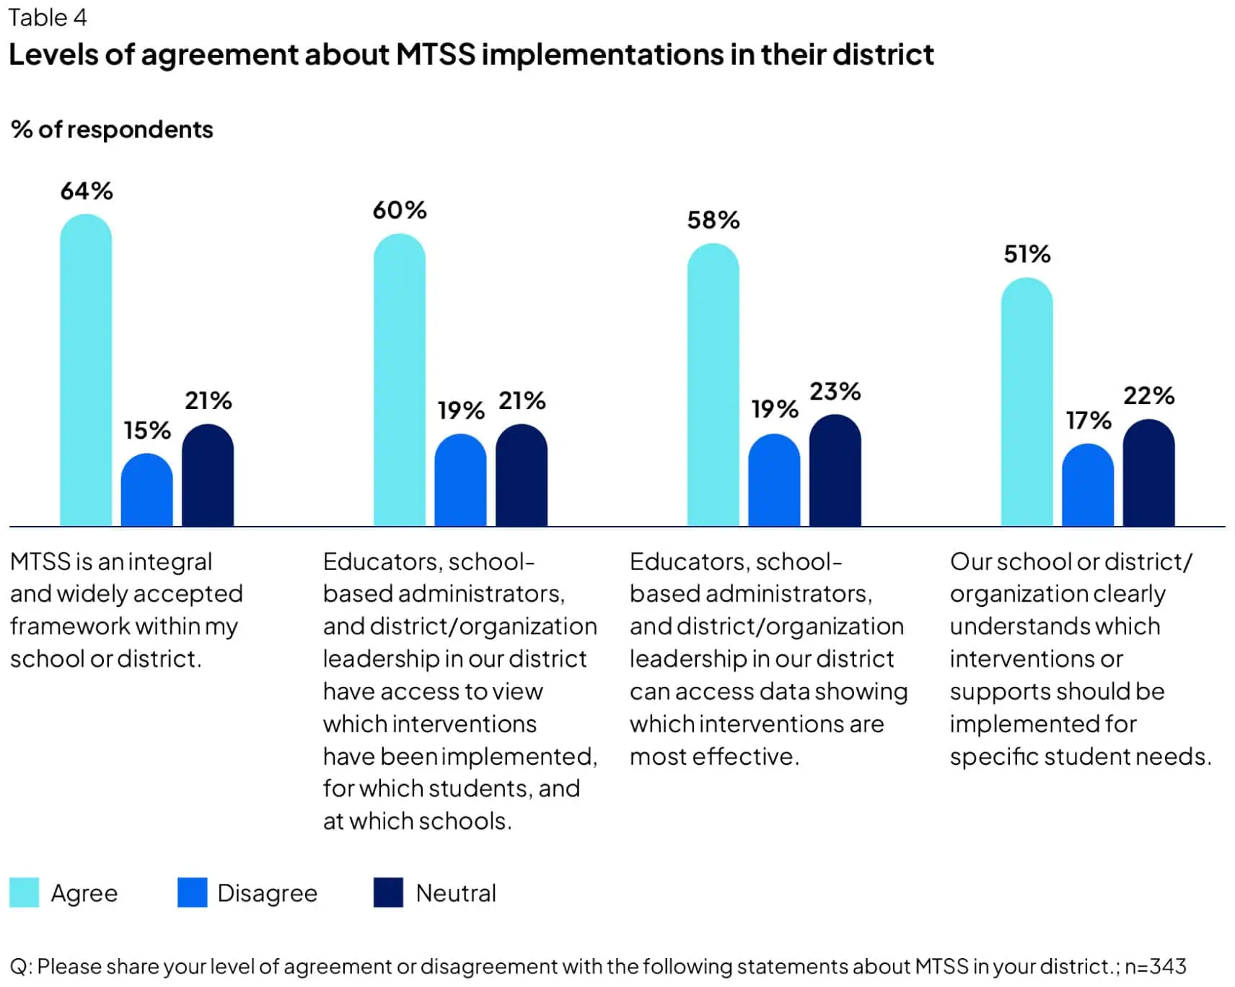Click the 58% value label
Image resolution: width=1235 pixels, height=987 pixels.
tap(713, 220)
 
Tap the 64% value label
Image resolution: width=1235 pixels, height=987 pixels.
tap(87, 191)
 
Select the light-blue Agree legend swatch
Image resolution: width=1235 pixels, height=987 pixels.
tap(25, 892)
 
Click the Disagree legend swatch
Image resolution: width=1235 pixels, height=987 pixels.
tap(192, 892)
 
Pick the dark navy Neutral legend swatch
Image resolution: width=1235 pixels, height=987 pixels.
tap(388, 892)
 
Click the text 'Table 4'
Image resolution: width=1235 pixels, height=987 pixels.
tap(48, 17)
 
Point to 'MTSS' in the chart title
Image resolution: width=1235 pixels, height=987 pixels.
tap(436, 55)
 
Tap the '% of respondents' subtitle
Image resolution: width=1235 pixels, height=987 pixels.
tap(112, 130)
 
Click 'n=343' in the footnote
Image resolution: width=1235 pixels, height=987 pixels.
tap(1155, 966)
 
